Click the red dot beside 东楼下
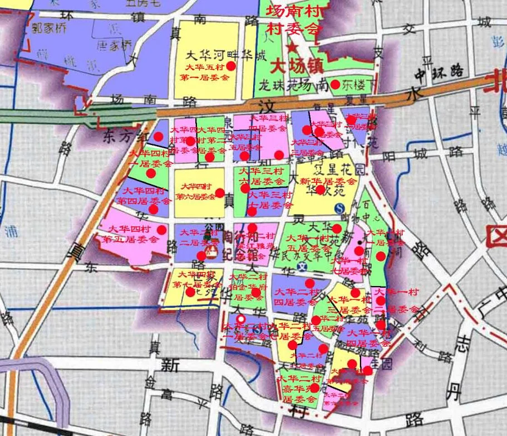click(335, 85)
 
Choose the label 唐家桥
click(115, 44)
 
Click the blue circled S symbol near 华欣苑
click(340, 208)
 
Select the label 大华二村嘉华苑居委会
click(299, 389)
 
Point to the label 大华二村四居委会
click(296, 297)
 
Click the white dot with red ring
click(241, 319)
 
